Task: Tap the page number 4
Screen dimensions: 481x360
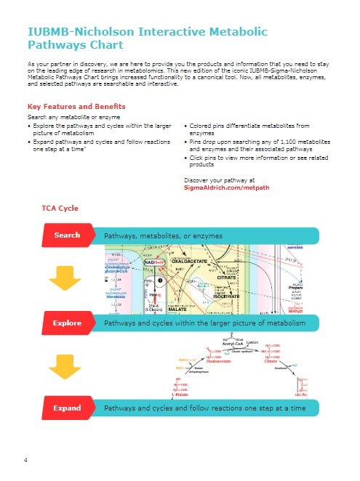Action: [x=26, y=460]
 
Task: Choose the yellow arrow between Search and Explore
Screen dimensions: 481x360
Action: [x=66, y=278]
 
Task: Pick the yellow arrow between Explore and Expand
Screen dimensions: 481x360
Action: [x=66, y=365]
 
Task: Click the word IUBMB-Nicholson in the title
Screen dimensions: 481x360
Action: [x=80, y=33]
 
